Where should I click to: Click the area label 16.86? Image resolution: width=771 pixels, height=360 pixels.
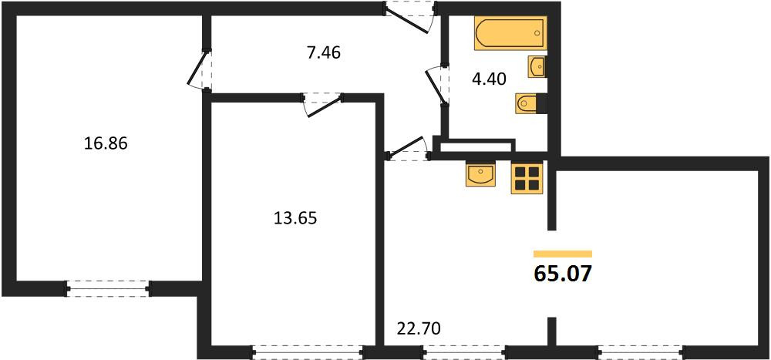tap(106, 144)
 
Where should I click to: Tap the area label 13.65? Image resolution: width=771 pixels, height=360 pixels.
tap(295, 217)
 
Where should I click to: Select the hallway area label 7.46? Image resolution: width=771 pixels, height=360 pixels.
tap(324, 52)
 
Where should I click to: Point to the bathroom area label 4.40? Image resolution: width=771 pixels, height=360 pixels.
tap(489, 79)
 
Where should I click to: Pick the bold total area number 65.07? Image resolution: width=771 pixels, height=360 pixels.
tap(561, 274)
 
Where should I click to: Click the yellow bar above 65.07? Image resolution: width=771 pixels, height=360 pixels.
tap(563, 254)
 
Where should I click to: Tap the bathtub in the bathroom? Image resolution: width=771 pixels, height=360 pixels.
tap(510, 33)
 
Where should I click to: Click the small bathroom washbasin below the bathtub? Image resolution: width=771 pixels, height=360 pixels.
tap(537, 66)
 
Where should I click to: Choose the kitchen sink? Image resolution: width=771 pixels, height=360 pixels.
tap(480, 175)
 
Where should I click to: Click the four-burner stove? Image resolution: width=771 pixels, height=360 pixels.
tap(527, 179)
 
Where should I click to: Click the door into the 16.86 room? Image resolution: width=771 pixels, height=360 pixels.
tap(200, 70)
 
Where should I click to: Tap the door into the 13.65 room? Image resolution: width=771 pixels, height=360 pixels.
tap(322, 105)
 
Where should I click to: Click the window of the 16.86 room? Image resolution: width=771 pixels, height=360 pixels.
tap(108, 288)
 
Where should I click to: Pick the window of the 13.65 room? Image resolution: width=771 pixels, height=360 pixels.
tap(308, 352)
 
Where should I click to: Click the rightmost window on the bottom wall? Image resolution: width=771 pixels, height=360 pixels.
tap(641, 352)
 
